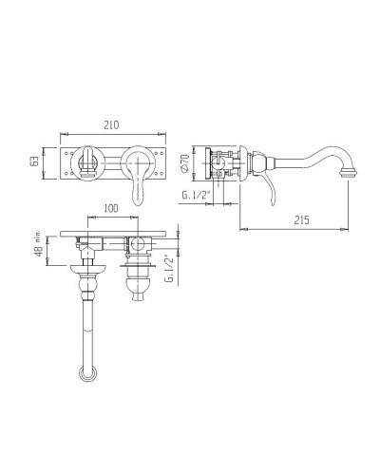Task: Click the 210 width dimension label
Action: (x=111, y=124)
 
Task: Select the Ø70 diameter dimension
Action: (x=185, y=162)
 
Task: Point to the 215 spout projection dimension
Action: (x=301, y=219)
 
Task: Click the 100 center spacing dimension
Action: (x=111, y=208)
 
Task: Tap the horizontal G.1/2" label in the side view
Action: (x=197, y=195)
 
